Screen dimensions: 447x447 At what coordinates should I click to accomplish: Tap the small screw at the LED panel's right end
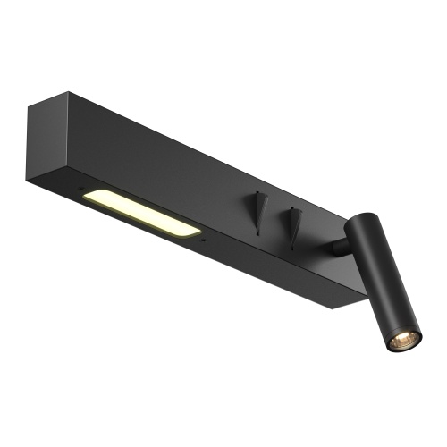point(205,240)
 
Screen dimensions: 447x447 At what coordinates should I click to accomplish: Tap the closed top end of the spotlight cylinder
point(362,220)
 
